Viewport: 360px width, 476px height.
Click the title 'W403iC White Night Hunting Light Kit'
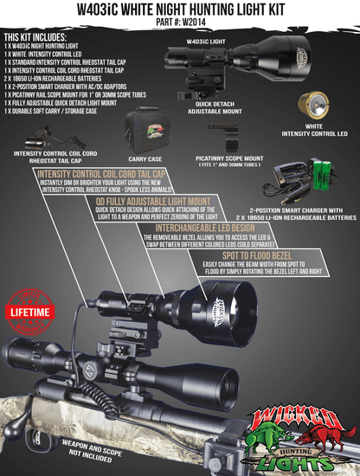tap(180, 10)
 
